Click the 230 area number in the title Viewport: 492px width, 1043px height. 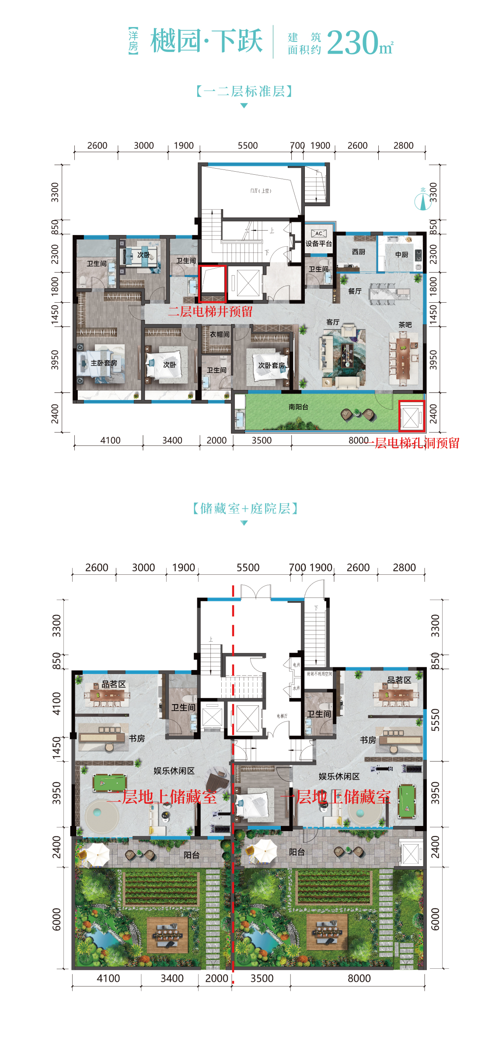(x=352, y=43)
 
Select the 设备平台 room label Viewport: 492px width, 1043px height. (x=318, y=244)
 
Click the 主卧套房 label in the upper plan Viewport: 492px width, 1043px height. (x=104, y=363)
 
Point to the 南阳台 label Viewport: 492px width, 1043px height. (x=298, y=407)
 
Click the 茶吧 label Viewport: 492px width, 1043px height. (x=405, y=325)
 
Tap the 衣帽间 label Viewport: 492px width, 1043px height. (x=220, y=334)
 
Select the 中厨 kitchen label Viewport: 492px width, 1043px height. (x=401, y=255)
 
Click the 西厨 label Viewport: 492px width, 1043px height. (x=359, y=252)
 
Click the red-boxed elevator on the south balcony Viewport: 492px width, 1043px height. (x=411, y=416)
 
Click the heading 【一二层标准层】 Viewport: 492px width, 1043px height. (x=244, y=91)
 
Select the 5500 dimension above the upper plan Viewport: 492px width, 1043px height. (x=248, y=145)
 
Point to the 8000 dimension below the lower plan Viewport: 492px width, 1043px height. (x=359, y=978)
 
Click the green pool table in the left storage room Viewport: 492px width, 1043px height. (x=109, y=783)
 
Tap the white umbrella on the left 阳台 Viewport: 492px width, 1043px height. (x=97, y=854)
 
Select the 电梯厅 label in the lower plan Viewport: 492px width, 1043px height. (x=282, y=716)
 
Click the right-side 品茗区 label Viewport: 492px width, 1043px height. (x=399, y=680)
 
